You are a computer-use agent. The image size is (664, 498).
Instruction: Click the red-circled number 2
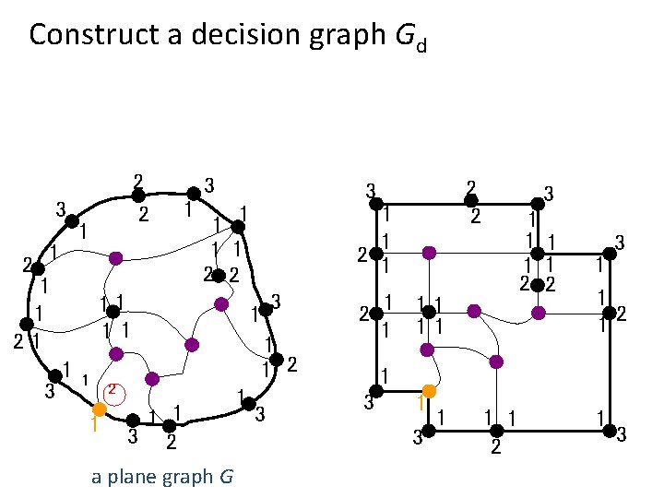click(x=111, y=389)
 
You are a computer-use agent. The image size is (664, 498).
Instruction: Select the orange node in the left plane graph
click(x=100, y=409)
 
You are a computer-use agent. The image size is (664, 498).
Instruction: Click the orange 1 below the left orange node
click(x=93, y=426)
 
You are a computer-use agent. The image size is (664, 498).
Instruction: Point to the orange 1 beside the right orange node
click(x=419, y=404)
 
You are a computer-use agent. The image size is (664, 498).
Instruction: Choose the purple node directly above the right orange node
click(x=427, y=350)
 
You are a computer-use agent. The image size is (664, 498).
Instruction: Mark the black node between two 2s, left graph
click(x=219, y=274)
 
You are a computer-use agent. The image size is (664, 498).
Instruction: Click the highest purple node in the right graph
click(x=428, y=251)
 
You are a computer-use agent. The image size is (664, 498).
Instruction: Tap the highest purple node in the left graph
click(x=114, y=257)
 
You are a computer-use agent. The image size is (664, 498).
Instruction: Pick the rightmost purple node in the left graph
click(x=221, y=303)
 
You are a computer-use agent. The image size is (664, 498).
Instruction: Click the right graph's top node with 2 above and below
click(x=470, y=200)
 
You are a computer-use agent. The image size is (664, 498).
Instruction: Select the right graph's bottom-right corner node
click(x=610, y=430)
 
